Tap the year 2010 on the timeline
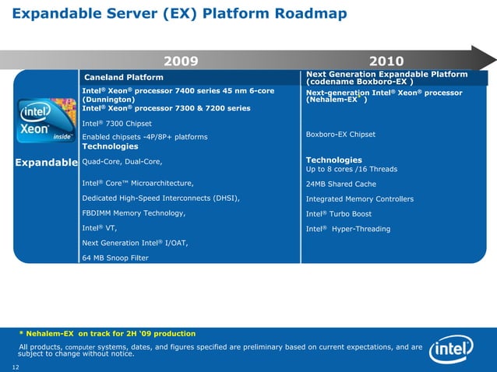coord(386,61)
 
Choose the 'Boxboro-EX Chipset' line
coord(341,135)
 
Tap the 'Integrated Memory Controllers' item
coord(360,199)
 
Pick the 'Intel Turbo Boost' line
coord(339,214)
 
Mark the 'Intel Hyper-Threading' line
coord(348,229)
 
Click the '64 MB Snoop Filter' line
coord(115,258)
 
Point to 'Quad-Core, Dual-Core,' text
coord(122,161)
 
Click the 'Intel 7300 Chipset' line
coord(116,124)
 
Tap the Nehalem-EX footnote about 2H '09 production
coord(107,334)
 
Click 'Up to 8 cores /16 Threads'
coord(352,169)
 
